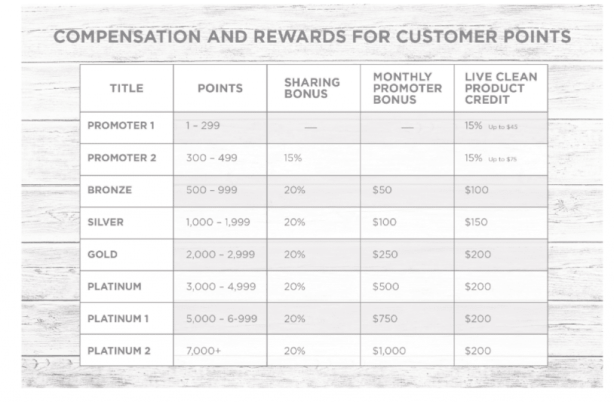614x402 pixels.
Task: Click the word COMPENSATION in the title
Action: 127,37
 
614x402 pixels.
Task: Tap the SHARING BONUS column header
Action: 312,88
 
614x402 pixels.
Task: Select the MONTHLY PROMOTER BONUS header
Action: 407,88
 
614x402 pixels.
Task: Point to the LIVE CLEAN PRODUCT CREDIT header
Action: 501,88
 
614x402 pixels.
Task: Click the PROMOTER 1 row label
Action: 121,126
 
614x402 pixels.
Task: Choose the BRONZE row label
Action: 110,190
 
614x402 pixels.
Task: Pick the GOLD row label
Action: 102,254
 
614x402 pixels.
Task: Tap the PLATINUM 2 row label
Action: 119,350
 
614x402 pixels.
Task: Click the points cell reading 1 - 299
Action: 203,126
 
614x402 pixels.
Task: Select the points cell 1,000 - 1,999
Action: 218,222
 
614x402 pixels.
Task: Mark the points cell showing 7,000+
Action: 203,350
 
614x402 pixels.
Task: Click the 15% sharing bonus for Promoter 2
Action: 293,158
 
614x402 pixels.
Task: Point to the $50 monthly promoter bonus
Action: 382,190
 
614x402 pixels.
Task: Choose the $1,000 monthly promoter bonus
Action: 389,350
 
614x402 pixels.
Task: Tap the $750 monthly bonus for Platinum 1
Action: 385,319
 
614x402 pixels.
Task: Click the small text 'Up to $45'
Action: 503,127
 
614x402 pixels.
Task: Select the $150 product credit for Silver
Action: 476,222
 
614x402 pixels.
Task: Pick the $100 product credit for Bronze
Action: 477,190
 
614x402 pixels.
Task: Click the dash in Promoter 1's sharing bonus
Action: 311,127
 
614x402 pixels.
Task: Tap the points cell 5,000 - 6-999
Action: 222,319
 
